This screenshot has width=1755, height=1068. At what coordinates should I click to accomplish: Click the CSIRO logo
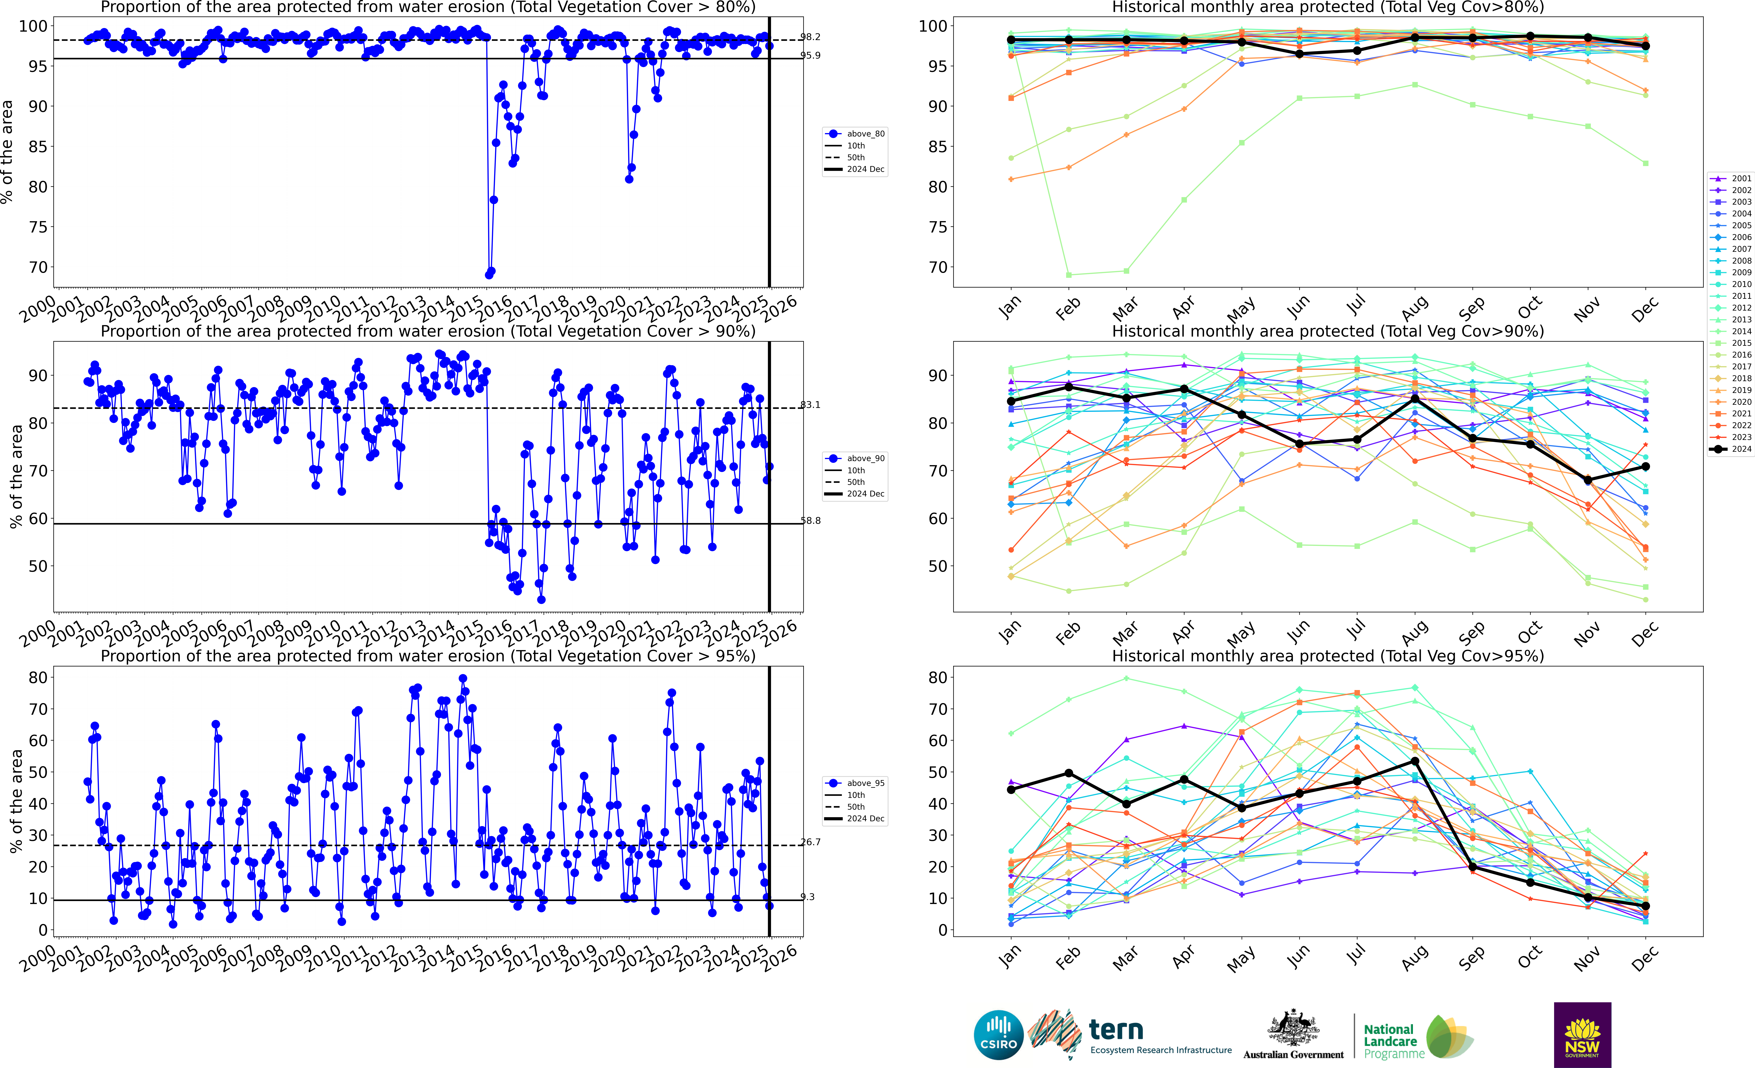pyautogui.click(x=998, y=1034)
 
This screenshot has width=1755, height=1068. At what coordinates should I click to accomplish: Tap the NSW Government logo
pyautogui.click(x=1582, y=1034)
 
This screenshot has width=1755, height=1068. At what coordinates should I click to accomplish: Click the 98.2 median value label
pyautogui.click(x=810, y=37)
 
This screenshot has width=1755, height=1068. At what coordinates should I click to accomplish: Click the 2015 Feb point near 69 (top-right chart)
pyautogui.click(x=1068, y=275)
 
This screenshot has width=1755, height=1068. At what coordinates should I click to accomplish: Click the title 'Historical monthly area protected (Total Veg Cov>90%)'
pyautogui.click(x=1328, y=331)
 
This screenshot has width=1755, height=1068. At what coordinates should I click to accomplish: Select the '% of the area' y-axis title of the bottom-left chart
pyautogui.click(x=16, y=801)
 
